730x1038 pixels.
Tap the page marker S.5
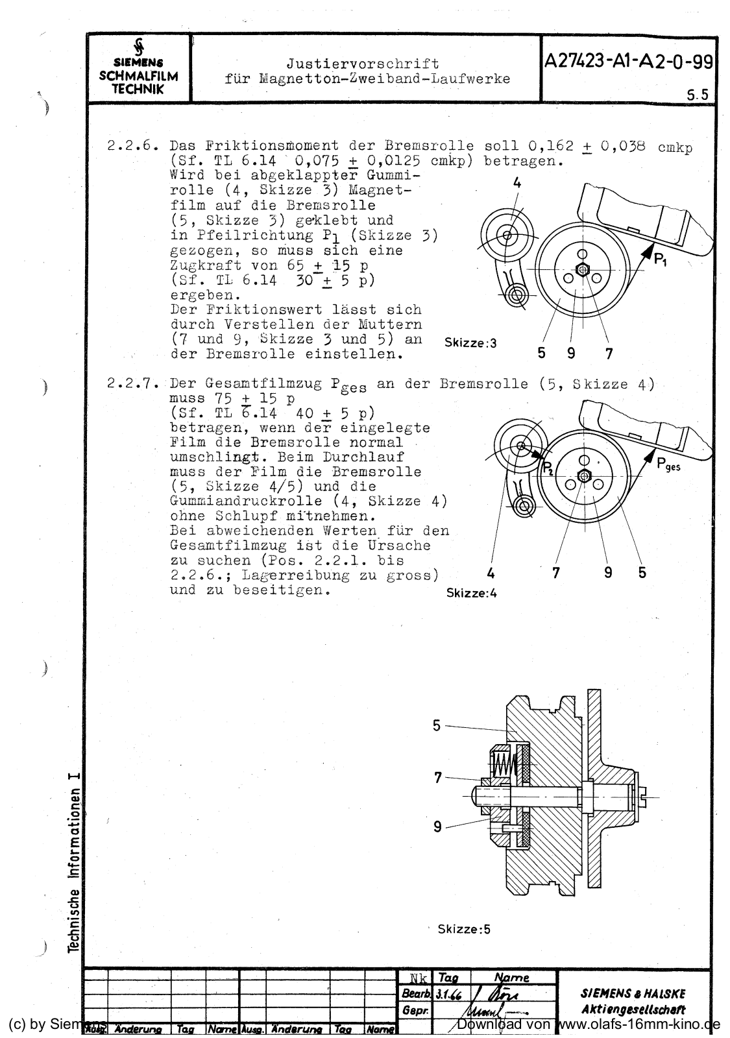(698, 94)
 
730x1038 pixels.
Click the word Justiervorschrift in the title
(362, 64)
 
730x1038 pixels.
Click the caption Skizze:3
(470, 343)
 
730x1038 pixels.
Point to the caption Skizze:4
(472, 593)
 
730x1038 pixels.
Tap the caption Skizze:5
(464, 929)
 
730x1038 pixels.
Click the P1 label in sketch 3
(661, 260)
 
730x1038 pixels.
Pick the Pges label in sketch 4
(668, 465)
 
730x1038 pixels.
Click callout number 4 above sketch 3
(517, 184)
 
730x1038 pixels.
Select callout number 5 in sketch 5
(437, 725)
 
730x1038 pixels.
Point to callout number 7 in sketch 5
(438, 777)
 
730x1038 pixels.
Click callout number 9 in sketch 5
(437, 826)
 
